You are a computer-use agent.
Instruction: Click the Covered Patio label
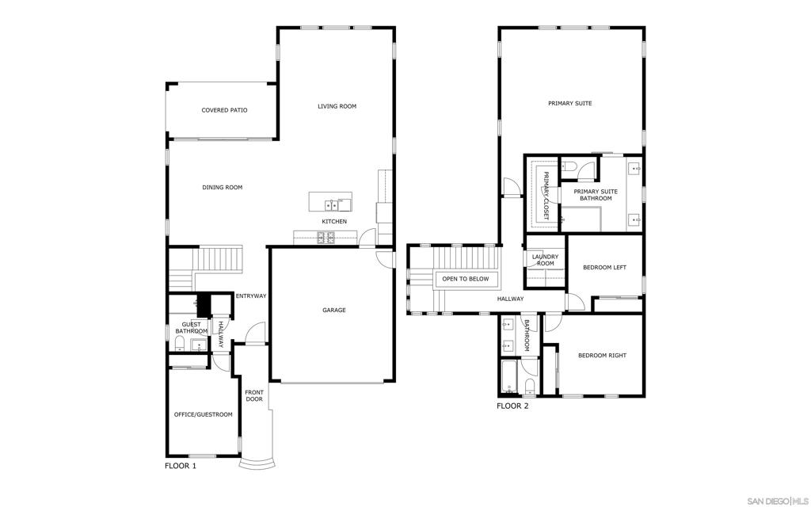point(224,110)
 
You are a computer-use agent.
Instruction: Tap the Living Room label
point(337,107)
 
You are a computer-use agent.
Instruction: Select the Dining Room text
point(223,187)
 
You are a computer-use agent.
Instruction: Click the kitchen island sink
point(332,205)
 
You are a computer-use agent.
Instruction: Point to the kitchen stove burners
point(326,238)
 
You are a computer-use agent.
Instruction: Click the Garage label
point(334,310)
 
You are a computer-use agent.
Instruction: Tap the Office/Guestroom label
point(204,414)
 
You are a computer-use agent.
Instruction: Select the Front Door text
point(254,396)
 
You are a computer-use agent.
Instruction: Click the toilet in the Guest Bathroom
point(180,344)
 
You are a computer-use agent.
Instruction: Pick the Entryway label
point(251,296)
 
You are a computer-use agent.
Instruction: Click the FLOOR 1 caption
point(181,466)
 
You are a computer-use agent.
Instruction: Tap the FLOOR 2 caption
point(512,406)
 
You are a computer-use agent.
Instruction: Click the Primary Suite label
point(570,104)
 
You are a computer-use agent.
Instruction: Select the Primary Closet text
point(546,196)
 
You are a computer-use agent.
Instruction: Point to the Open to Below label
point(466,279)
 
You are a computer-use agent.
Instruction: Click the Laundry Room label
point(545,260)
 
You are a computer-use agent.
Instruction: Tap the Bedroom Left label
point(604,268)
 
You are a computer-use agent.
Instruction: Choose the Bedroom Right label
point(602,356)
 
